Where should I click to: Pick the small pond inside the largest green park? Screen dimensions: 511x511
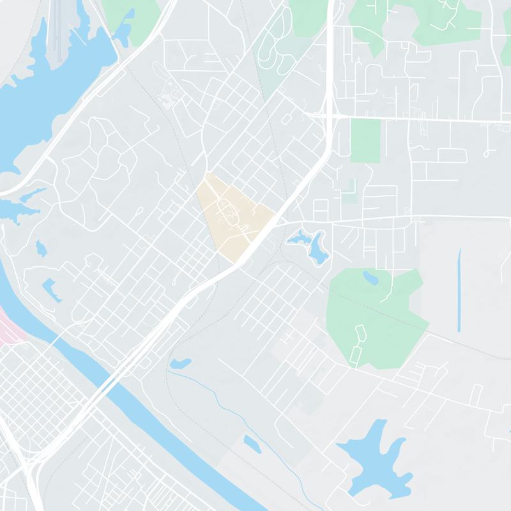click(x=370, y=277)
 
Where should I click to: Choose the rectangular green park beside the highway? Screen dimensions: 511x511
click(x=365, y=141)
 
